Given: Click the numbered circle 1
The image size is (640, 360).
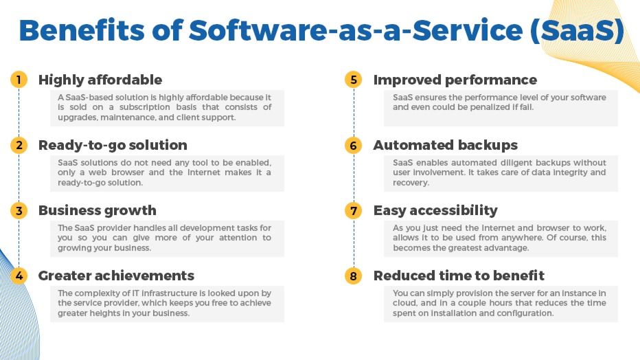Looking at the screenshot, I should [x=19, y=80].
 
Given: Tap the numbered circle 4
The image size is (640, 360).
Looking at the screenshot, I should [x=19, y=275].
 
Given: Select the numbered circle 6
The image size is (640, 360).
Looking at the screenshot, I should [x=354, y=145].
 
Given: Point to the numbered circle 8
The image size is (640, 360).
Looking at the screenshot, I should [x=354, y=275].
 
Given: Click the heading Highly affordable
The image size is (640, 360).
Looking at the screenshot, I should [x=100, y=80].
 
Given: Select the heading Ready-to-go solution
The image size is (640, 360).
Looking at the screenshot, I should [x=113, y=145].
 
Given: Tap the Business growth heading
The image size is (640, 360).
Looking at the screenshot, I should [x=97, y=210].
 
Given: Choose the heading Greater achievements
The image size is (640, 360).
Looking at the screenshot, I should [x=116, y=275].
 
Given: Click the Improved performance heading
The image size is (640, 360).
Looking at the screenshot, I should [x=455, y=80].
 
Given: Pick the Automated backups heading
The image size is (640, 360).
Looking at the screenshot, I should [x=445, y=145].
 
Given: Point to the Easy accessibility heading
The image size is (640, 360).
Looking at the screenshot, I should [x=435, y=210].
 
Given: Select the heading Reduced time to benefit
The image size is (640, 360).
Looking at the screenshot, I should [x=459, y=275].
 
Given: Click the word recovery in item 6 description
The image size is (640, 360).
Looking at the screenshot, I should [x=410, y=183].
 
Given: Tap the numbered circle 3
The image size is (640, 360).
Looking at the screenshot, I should [x=19, y=210].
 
